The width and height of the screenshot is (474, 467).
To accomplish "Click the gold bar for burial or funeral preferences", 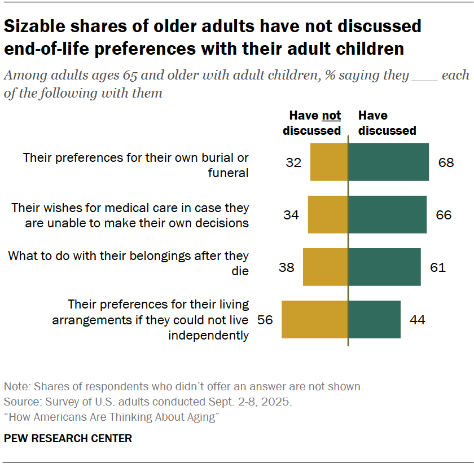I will (x=329, y=162).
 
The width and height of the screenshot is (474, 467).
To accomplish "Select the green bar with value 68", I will (x=388, y=162).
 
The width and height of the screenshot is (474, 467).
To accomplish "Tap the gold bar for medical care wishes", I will (x=328, y=215).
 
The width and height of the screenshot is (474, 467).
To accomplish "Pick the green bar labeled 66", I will (x=387, y=215).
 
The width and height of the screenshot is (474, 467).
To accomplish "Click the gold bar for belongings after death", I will (x=326, y=267).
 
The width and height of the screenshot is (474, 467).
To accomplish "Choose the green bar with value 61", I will (x=384, y=267).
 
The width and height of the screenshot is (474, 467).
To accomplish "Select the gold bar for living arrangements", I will (x=315, y=320).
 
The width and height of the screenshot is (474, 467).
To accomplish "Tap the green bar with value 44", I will (x=374, y=320).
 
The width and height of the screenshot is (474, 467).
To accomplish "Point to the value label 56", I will (x=265, y=320).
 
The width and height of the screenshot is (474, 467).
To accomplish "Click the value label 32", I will (x=293, y=162).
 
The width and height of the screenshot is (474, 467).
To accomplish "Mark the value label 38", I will (x=287, y=267).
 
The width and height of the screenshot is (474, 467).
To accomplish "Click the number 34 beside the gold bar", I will (x=291, y=215).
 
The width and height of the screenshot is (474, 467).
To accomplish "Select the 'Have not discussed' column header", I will (x=312, y=123).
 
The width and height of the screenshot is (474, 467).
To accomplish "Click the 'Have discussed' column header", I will (x=387, y=123).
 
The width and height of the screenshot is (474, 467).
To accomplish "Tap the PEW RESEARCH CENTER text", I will (x=68, y=438).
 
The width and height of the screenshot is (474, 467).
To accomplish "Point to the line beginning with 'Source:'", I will (x=148, y=402).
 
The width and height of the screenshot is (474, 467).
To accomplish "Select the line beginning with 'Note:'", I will (x=183, y=387).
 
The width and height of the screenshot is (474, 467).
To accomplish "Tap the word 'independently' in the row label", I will (x=209, y=335).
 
